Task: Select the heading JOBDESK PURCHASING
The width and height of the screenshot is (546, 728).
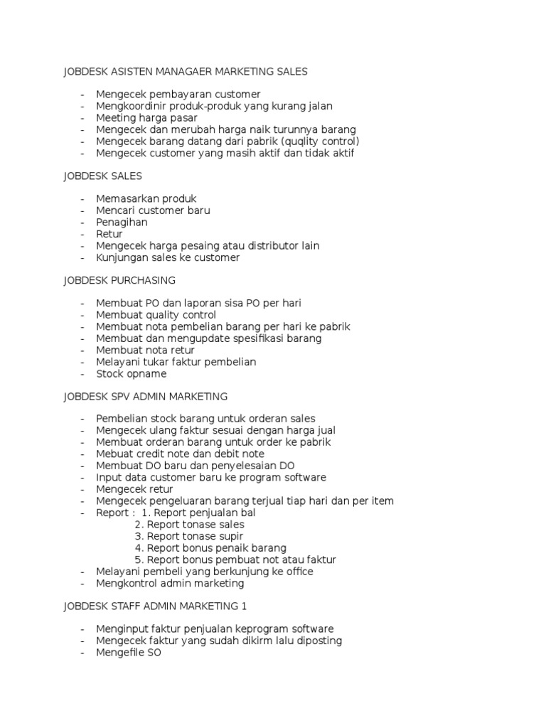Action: (x=119, y=280)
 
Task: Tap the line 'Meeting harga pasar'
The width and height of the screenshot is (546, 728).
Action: (x=146, y=118)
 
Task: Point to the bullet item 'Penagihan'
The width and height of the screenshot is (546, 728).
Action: (x=122, y=222)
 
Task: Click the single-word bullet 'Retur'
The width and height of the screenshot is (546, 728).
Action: (x=109, y=234)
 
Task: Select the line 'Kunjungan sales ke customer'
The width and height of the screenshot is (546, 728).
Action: (x=168, y=257)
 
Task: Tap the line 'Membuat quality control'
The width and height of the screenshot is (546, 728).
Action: (x=156, y=315)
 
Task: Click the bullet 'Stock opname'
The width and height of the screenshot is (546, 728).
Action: (x=132, y=373)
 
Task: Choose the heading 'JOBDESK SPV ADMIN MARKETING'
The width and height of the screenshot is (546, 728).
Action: (x=145, y=396)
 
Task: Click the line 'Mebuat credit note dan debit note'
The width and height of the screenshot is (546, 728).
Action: (x=180, y=454)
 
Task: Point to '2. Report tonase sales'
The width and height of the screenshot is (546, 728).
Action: (x=189, y=525)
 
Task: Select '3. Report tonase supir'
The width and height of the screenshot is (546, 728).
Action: (x=189, y=536)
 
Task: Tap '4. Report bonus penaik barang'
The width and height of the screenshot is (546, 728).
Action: (x=210, y=548)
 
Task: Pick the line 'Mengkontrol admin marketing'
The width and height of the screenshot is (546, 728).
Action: (x=170, y=583)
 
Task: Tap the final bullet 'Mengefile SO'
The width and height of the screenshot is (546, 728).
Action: (x=129, y=653)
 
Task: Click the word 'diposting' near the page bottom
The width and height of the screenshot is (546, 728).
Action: (x=318, y=641)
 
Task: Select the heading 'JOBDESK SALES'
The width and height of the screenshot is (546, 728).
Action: (x=102, y=176)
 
